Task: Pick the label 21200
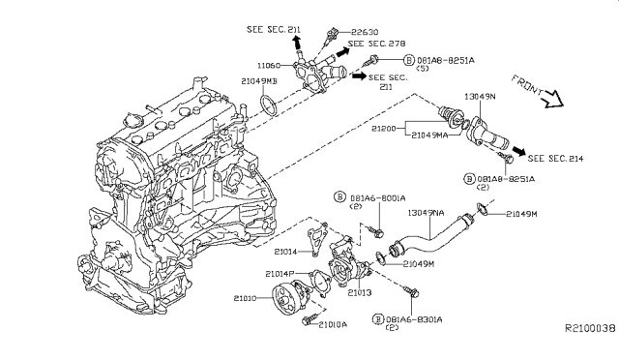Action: (x=383, y=127)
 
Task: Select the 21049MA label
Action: (x=429, y=135)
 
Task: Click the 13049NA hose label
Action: (x=428, y=212)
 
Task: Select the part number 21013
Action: (x=360, y=290)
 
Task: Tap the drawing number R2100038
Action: (x=589, y=328)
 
